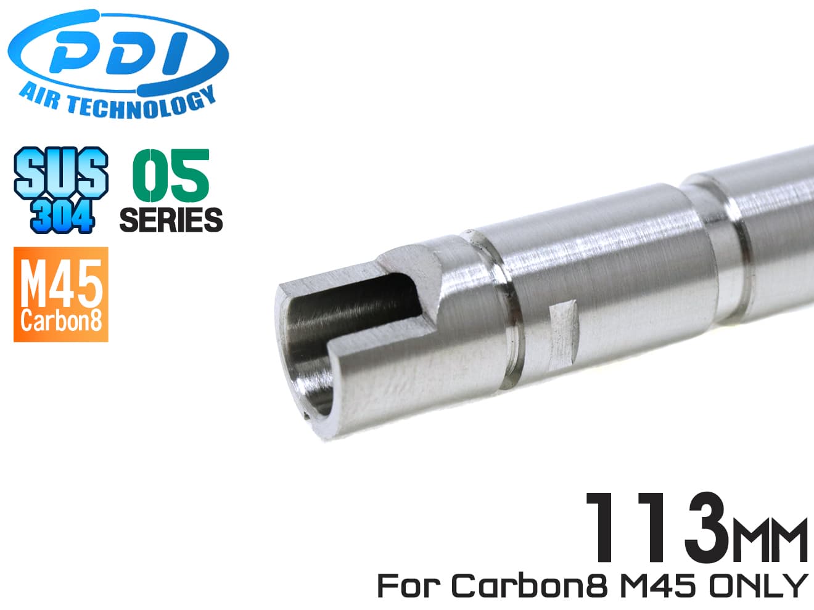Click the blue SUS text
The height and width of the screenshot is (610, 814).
click(x=61, y=174)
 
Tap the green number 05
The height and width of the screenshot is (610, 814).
click(x=171, y=176)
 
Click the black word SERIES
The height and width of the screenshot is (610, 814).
click(x=171, y=220)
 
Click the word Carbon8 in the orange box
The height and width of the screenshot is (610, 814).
click(x=61, y=321)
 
